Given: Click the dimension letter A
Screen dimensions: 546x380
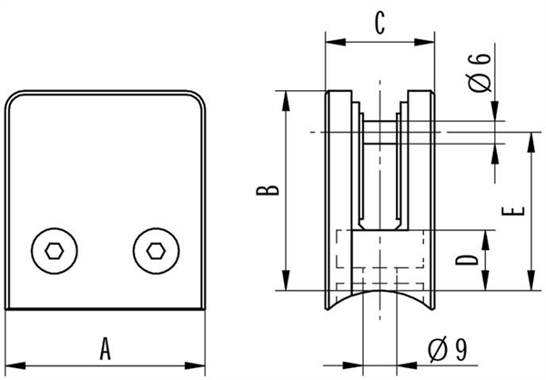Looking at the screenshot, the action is [x=106, y=348].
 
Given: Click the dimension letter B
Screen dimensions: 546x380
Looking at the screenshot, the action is [x=268, y=190].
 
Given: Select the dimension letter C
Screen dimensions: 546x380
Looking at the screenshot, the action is [x=379, y=23].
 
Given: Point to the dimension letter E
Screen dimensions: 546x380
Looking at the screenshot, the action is [x=513, y=211].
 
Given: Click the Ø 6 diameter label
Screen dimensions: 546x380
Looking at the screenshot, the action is [x=480, y=73].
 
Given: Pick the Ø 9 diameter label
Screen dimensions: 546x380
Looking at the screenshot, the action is [x=448, y=349].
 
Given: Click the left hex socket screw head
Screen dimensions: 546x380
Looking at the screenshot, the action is [x=55, y=251].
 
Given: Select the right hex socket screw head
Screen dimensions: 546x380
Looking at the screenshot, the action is [x=156, y=251].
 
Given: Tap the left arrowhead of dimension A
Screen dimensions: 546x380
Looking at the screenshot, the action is [x=15, y=365].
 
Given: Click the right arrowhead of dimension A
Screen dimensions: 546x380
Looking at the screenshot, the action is [x=195, y=365].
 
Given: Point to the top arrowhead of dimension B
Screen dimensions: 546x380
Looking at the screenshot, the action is [x=286, y=101].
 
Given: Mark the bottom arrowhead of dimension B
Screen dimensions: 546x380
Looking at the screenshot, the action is [x=286, y=280].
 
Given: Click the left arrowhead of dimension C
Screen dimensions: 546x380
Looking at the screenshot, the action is [x=335, y=42].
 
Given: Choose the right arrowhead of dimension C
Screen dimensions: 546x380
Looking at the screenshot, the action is [x=424, y=42].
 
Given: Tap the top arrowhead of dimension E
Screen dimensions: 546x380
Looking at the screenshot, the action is [x=531, y=143].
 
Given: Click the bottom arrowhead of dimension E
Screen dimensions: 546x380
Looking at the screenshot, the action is [x=531, y=280].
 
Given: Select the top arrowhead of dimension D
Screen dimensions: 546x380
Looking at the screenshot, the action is [x=486, y=240].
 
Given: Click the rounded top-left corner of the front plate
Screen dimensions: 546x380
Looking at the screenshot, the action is [x=13, y=98].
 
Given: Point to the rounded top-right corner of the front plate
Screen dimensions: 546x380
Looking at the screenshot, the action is [x=197, y=98].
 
